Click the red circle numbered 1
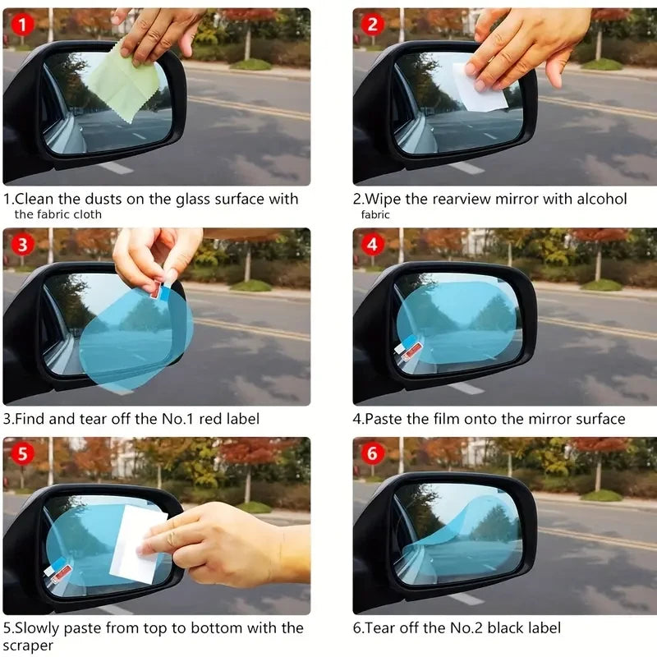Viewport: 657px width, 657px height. pos(22,25)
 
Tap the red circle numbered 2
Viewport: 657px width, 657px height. pos(373,25)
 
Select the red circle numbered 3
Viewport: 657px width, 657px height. pos(22,244)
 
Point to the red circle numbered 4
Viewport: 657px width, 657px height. pos(373,244)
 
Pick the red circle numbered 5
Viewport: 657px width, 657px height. pos(22,453)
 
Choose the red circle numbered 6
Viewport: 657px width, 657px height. pos(373,453)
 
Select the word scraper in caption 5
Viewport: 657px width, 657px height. pos(30,646)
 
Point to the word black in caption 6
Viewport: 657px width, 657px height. pos(501,628)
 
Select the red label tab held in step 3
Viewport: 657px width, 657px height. pos(156,287)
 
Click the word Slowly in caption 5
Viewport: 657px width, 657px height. pos(39,628)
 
